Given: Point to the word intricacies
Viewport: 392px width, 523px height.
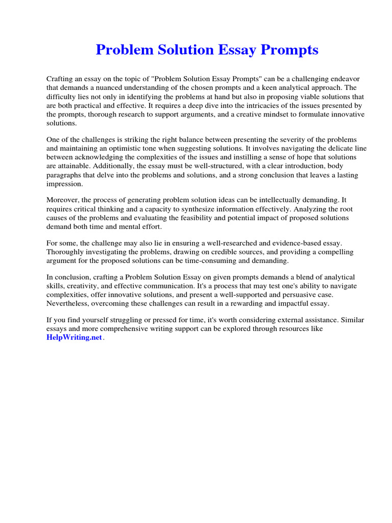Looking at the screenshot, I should [255, 106].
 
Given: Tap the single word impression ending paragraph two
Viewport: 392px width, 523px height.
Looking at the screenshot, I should [64, 184].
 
